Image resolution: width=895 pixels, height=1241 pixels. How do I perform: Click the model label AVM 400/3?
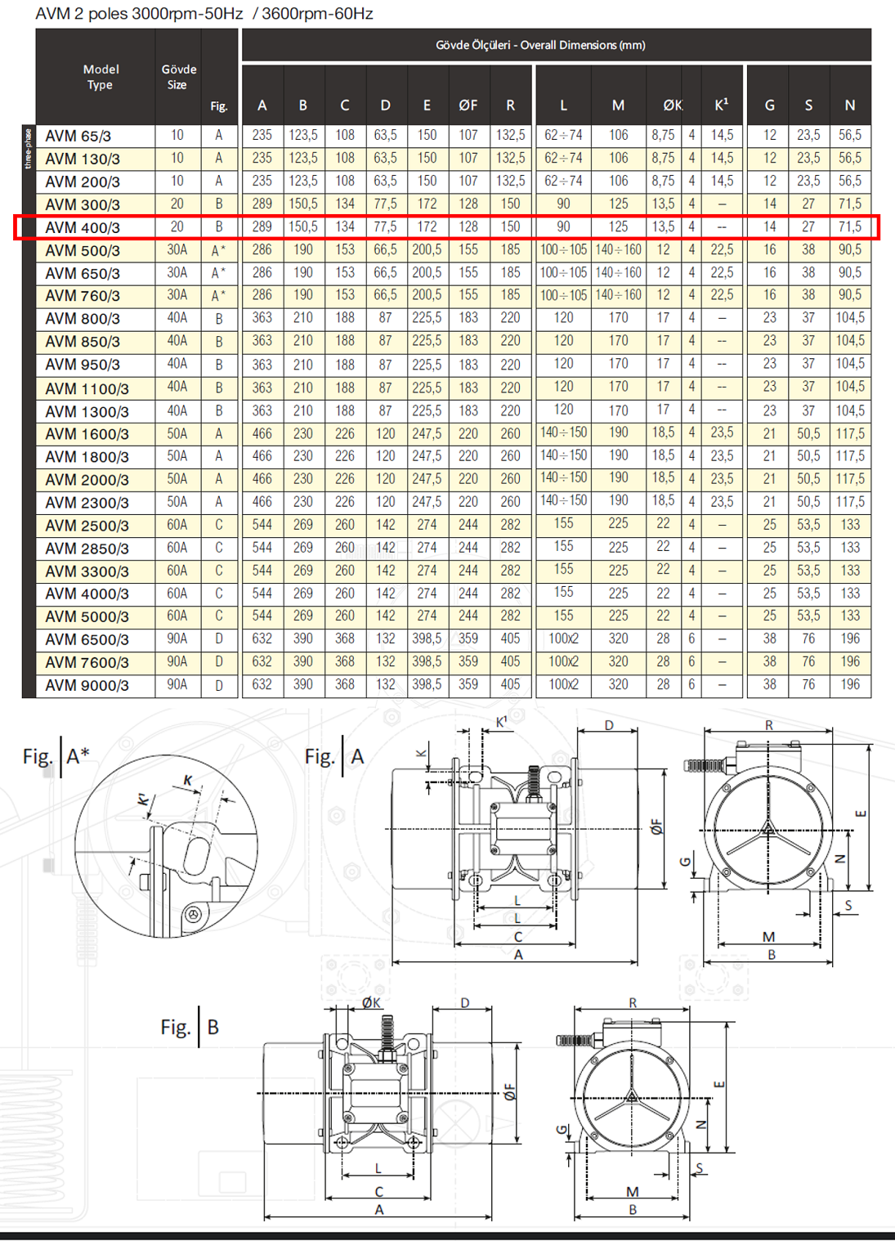[83, 227]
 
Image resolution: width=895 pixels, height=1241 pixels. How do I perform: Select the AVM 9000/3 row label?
[87, 686]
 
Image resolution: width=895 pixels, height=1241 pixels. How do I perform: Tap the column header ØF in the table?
[468, 105]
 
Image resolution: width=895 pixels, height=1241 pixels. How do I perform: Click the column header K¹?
[721, 105]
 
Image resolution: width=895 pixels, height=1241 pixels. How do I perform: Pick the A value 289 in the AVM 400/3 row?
[262, 226]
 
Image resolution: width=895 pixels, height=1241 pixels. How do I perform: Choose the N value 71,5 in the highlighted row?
[849, 226]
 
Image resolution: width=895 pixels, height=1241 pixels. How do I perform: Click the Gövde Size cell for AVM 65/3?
[177, 135]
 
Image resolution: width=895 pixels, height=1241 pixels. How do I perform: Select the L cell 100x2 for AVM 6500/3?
[563, 638]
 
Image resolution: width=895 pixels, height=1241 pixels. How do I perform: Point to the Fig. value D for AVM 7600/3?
[218, 662]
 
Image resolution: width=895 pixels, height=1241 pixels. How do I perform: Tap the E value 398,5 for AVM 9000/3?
[427, 684]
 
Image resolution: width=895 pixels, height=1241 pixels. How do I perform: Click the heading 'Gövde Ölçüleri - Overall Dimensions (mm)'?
[540, 45]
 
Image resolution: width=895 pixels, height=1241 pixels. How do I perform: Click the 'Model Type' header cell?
[101, 77]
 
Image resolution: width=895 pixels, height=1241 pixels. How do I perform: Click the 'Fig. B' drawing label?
[190, 1027]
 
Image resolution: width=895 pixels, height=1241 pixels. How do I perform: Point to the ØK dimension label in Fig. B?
[371, 1002]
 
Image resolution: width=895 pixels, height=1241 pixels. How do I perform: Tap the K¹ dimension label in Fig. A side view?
[502, 722]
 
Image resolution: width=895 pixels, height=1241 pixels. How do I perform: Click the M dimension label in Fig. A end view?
[768, 937]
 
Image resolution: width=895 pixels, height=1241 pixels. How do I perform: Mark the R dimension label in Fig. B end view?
[633, 1002]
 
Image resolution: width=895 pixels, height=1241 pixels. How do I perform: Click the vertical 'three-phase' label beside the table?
[29, 148]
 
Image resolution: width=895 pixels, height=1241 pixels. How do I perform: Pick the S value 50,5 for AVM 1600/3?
[808, 433]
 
